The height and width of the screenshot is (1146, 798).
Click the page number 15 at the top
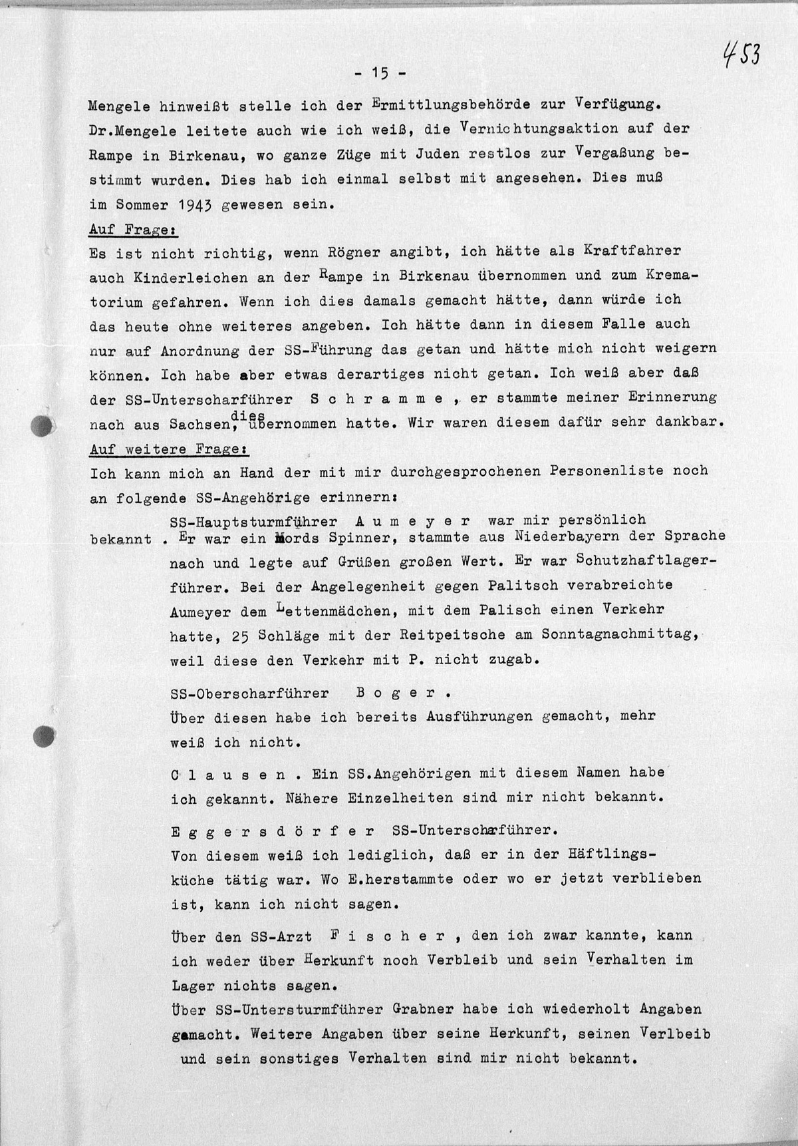pos(380,73)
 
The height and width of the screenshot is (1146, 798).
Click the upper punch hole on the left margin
pos(41,424)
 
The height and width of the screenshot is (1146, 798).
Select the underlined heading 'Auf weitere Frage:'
pos(169,449)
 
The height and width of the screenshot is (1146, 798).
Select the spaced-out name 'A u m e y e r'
pos(413,520)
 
